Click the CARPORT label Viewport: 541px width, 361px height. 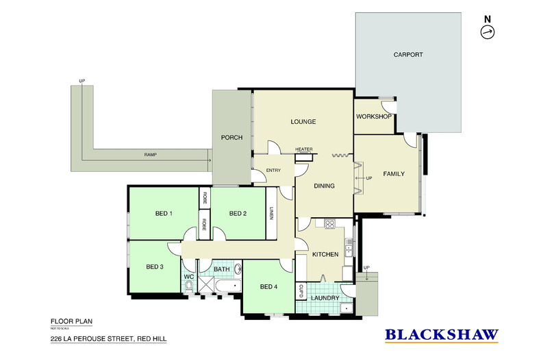coord(407,55)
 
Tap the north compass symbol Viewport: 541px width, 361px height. coord(488,32)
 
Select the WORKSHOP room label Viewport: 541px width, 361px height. coord(373,116)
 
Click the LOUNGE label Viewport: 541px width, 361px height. coord(303,122)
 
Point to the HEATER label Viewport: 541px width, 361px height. coord(303,149)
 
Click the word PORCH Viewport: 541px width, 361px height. coord(231,138)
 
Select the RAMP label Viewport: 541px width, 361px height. coord(150,155)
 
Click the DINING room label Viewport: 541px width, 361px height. coord(323,186)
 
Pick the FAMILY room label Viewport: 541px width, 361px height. coord(394,174)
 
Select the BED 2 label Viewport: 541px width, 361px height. coord(237,214)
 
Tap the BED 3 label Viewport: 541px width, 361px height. coord(155,266)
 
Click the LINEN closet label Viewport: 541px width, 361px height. coord(272,213)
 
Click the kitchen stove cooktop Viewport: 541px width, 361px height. coord(329,223)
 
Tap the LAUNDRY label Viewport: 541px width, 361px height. coord(325,298)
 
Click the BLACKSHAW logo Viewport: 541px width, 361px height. coord(441,335)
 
